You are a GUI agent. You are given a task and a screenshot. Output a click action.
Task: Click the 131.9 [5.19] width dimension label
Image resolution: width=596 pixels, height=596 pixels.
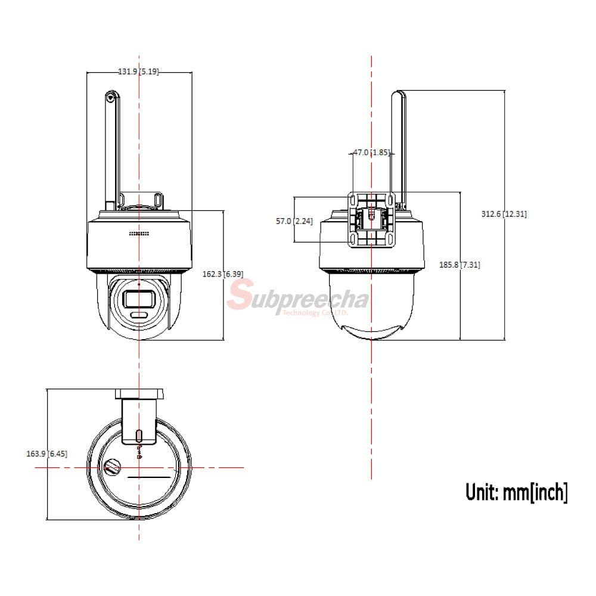(138, 72)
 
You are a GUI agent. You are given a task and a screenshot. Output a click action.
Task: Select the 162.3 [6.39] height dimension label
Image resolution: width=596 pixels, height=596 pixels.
(223, 274)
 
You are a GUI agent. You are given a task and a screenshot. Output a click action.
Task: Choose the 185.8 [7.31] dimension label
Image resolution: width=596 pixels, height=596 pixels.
(460, 265)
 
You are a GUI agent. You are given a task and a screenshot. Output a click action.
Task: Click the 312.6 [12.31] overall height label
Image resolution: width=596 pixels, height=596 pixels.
(504, 215)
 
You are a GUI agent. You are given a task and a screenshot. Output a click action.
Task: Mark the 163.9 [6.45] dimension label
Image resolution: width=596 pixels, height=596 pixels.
(46, 454)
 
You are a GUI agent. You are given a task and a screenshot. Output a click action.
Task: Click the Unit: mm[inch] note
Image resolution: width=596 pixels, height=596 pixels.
(516, 492)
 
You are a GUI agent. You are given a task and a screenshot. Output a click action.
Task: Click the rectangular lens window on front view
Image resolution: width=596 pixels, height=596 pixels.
(138, 298)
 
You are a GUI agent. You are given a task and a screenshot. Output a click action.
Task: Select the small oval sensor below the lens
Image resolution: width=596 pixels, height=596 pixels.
(138, 315)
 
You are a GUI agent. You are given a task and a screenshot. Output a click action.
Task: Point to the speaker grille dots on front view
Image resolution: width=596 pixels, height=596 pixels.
(139, 234)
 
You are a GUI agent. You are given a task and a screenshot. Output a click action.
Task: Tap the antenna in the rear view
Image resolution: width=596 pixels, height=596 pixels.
(398, 149)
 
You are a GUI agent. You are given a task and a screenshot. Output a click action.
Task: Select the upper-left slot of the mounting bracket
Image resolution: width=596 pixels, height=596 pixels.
(353, 198)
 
